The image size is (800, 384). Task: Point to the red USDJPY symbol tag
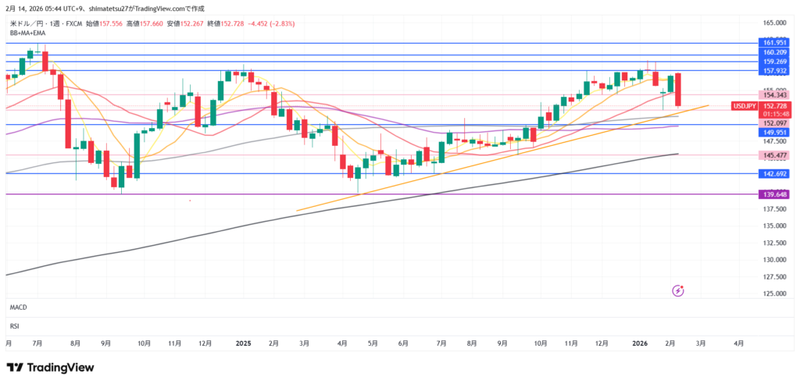(x=742, y=105)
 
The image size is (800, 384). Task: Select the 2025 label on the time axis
(x=244, y=343)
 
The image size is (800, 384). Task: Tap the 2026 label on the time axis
(x=640, y=343)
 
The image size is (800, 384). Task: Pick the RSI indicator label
(x=14, y=325)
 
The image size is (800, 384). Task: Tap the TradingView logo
(x=50, y=368)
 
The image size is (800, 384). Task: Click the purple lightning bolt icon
(x=678, y=291)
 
